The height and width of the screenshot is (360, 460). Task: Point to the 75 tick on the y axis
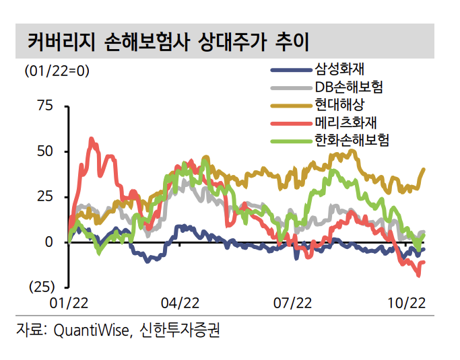pyautogui.click(x=44, y=106)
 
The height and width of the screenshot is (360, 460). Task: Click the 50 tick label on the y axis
pyautogui.click(x=44, y=151)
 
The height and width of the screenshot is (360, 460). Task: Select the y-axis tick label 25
pyautogui.click(x=44, y=196)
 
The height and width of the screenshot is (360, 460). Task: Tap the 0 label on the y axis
pyautogui.click(x=48, y=242)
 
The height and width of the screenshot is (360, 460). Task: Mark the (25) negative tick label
pyautogui.click(x=41, y=287)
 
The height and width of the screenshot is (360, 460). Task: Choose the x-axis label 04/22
pyautogui.click(x=180, y=304)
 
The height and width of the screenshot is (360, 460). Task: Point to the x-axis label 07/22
pyautogui.click(x=292, y=304)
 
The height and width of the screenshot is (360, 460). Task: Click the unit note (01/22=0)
pyautogui.click(x=57, y=70)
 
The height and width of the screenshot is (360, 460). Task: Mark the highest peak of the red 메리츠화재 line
pyautogui.click(x=92, y=139)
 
